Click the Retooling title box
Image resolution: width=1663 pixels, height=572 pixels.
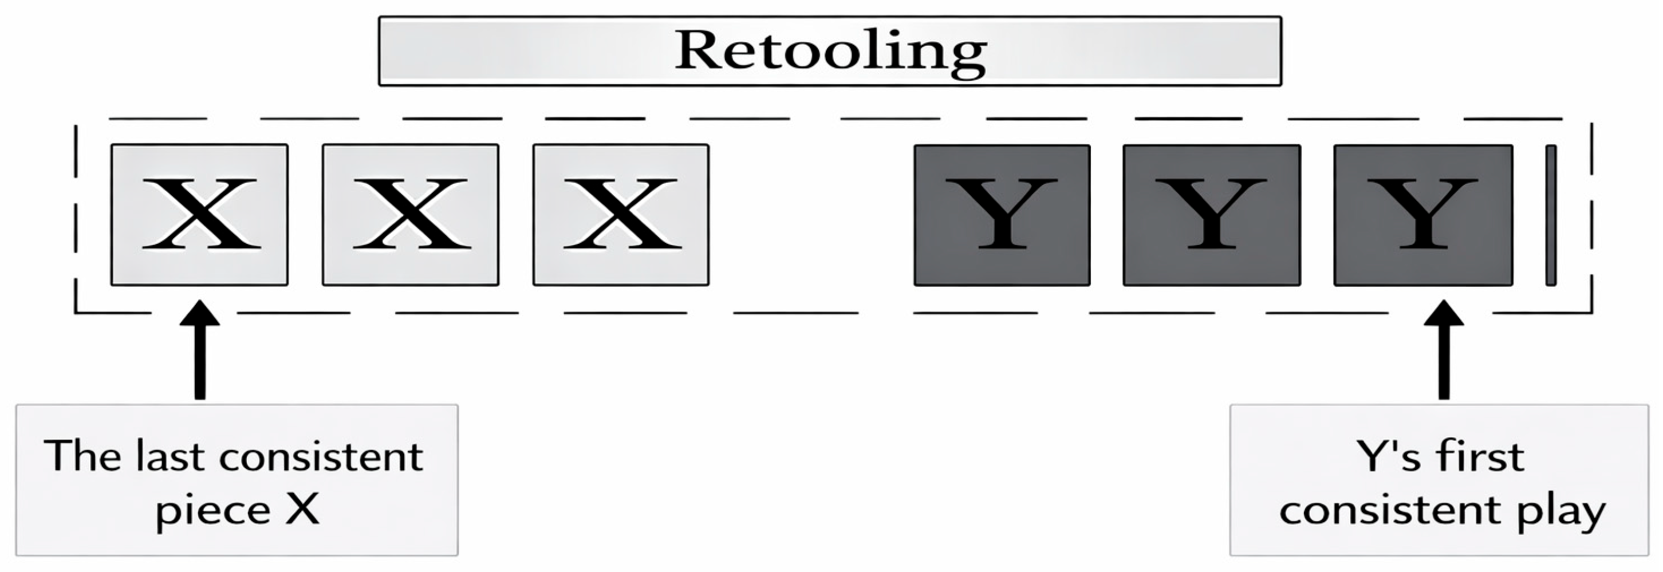coord(830,51)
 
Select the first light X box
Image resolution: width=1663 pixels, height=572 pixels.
coord(199,214)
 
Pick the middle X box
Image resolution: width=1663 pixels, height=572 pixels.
coord(411,214)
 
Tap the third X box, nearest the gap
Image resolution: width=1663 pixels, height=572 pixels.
coord(621,214)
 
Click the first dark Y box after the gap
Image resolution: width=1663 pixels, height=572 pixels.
coord(1002,215)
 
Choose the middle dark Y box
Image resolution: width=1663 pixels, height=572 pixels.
coord(1212,215)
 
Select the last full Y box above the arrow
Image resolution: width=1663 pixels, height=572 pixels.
coord(1423,215)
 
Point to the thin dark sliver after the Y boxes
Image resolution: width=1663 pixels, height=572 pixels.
coord(1551,215)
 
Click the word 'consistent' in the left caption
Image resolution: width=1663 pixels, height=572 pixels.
coord(321,457)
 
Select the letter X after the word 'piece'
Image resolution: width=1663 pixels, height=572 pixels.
coord(303,510)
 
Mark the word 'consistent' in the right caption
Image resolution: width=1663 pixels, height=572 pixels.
coord(1388,510)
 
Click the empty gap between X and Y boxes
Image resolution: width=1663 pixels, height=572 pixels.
coord(811,215)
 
